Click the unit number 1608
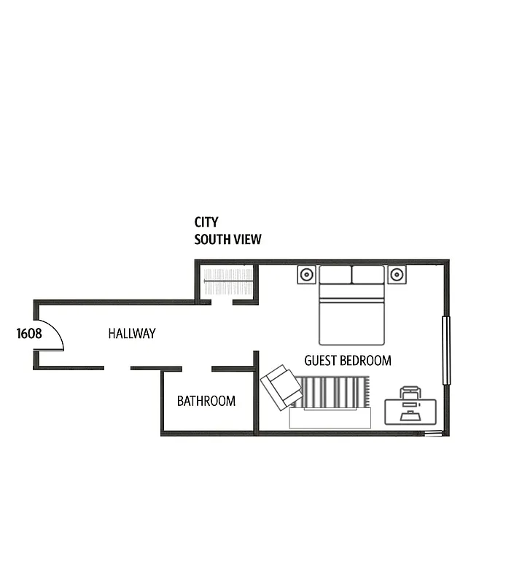click(x=29, y=334)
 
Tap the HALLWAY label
click(x=132, y=334)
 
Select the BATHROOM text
click(x=206, y=401)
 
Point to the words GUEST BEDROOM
click(x=347, y=360)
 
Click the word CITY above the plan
click(x=206, y=222)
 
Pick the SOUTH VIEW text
click(x=227, y=239)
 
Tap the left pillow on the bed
click(x=335, y=275)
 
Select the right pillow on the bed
click(x=368, y=275)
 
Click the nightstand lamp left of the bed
click(x=307, y=275)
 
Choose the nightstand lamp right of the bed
click(x=397, y=275)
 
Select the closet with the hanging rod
click(x=227, y=281)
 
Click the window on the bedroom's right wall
click(x=447, y=351)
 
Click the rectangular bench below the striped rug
click(x=330, y=418)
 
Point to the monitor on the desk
click(x=410, y=403)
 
